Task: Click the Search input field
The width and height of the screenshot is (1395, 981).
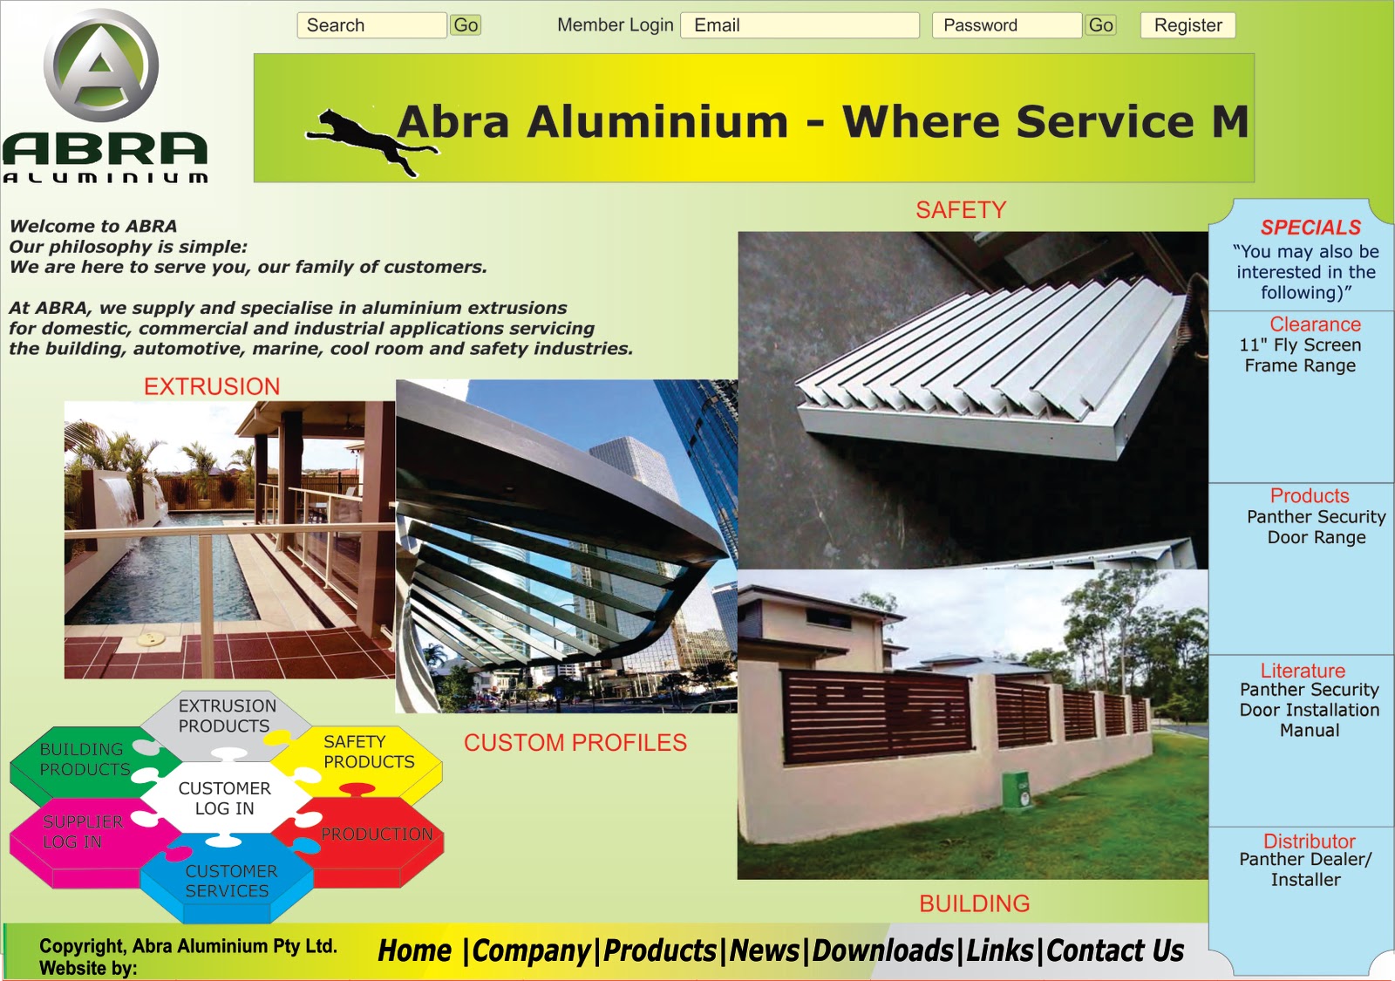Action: (371, 25)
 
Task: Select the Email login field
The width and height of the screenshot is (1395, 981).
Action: (800, 25)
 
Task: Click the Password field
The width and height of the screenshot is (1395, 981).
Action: (1006, 25)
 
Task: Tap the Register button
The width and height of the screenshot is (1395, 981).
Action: (1187, 25)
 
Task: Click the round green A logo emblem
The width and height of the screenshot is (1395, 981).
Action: (102, 65)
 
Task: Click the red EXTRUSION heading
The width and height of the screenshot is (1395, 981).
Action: (212, 386)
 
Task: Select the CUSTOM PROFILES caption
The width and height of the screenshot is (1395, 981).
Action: (575, 743)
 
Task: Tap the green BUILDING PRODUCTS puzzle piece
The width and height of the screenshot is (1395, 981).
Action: (84, 760)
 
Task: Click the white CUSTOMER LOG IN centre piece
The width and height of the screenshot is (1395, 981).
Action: (224, 798)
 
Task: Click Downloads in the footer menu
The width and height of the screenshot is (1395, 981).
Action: (883, 950)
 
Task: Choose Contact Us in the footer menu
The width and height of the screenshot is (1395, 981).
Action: (1115, 950)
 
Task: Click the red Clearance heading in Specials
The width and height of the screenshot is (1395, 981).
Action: (1315, 324)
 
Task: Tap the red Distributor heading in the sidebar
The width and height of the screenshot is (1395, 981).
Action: (1309, 841)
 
